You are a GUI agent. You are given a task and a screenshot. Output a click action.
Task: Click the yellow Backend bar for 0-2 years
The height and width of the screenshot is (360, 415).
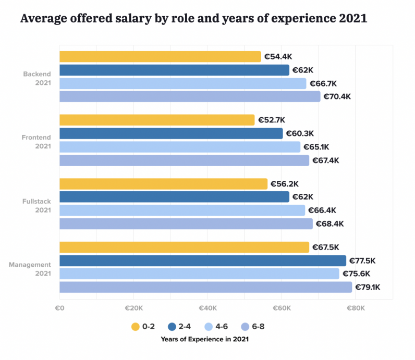(160, 57)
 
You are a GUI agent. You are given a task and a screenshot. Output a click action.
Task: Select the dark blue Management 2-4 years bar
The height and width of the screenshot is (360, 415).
(202, 260)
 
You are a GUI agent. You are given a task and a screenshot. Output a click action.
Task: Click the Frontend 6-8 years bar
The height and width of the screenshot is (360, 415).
(184, 160)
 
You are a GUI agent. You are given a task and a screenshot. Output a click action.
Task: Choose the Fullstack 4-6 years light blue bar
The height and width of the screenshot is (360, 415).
(182, 210)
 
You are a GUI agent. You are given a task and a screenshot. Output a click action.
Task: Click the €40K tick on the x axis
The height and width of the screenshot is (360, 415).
(207, 308)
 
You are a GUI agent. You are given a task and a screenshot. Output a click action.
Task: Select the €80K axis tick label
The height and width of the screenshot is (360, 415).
(356, 308)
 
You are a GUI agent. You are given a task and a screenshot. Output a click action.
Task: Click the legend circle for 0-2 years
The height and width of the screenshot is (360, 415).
(135, 327)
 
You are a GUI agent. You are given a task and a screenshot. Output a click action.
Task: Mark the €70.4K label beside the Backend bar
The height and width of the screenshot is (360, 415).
(337, 97)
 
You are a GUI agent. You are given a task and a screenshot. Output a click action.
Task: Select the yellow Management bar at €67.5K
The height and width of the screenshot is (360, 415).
(184, 247)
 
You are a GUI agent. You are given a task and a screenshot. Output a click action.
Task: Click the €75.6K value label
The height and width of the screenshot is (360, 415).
(357, 274)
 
